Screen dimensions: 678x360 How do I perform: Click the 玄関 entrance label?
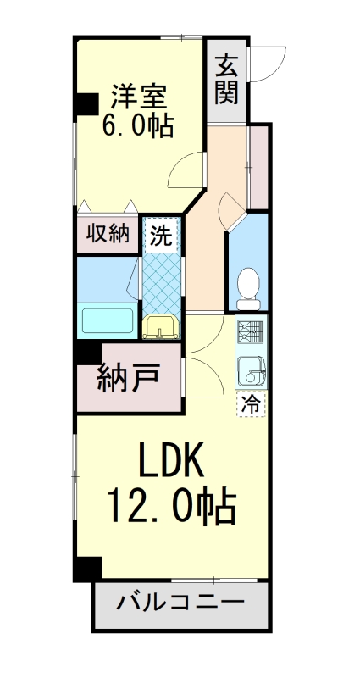(226, 79)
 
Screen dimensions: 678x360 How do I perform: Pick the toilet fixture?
(249, 286)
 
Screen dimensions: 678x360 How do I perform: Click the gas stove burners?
(251, 333)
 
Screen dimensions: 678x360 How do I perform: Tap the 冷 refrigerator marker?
(251, 404)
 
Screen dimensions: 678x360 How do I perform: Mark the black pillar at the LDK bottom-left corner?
(87, 569)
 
